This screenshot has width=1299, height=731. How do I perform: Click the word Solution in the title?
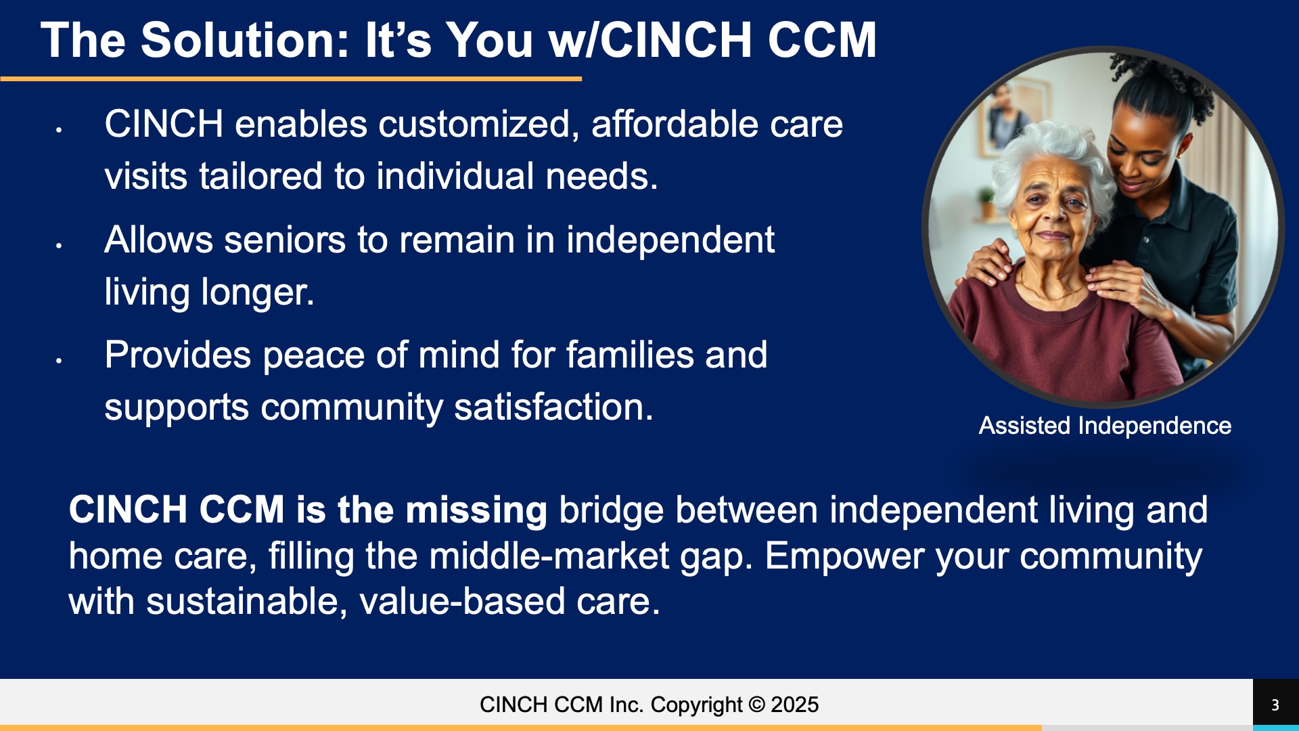245,40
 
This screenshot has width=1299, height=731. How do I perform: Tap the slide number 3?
1275,705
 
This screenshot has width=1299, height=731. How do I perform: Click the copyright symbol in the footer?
757,705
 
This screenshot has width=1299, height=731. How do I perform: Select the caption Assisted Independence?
1105,426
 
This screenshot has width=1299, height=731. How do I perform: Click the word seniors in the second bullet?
285,240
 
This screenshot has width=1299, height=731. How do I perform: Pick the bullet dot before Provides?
60,361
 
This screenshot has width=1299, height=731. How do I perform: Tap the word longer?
258,293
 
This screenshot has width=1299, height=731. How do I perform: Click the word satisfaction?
554,407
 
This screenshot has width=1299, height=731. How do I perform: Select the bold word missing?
476,510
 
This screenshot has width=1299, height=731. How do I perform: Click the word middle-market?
549,556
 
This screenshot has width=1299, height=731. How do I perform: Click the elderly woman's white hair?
1052,159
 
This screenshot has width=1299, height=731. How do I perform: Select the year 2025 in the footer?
795,705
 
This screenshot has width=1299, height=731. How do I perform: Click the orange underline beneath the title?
291,79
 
